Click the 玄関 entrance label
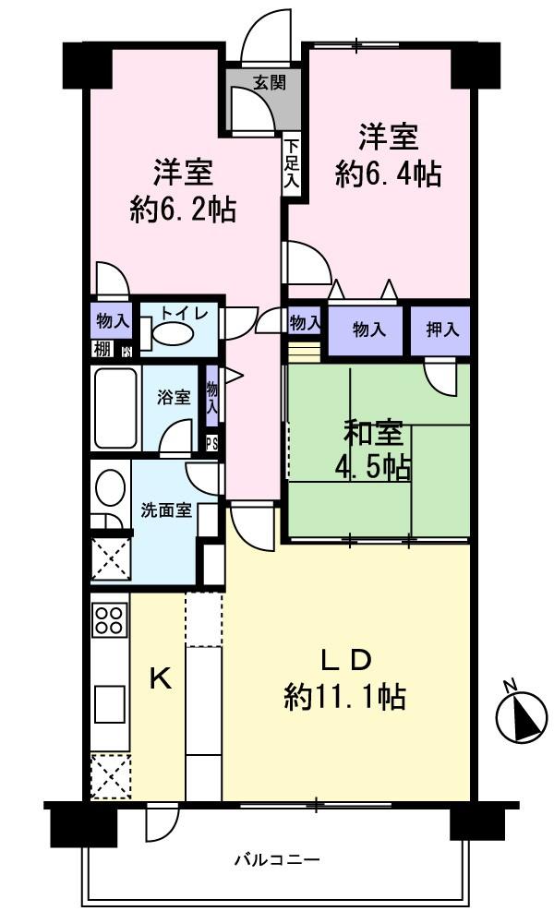point(270,82)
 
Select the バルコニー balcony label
point(276,860)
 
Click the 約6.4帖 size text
point(388,174)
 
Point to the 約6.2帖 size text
point(183,209)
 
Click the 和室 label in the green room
point(373,434)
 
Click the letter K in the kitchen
point(160,679)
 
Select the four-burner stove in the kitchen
point(110,619)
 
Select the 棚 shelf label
point(101,349)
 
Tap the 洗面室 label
point(166,509)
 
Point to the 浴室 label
point(173,398)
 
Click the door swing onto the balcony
point(159,822)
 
